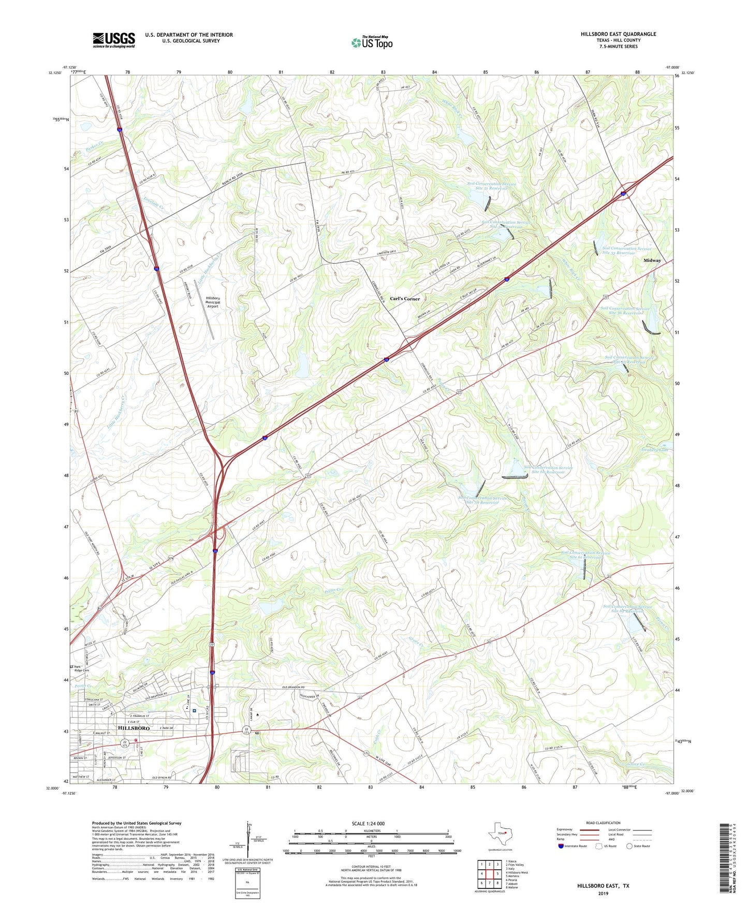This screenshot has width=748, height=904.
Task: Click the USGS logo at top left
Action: click(x=114, y=40)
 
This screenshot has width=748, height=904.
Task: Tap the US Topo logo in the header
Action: click(x=372, y=42)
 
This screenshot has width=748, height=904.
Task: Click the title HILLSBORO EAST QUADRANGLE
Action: click(x=618, y=34)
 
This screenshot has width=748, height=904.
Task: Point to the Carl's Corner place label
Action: click(x=405, y=299)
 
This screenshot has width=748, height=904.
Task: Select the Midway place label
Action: click(x=652, y=260)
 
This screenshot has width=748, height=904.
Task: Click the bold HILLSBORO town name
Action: click(x=134, y=728)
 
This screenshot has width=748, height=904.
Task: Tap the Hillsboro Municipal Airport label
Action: click(x=213, y=302)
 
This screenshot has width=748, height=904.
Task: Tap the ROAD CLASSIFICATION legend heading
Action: click(x=603, y=823)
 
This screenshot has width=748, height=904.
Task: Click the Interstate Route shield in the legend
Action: click(x=561, y=846)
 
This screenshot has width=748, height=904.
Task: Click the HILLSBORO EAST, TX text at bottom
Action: click(x=603, y=886)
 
